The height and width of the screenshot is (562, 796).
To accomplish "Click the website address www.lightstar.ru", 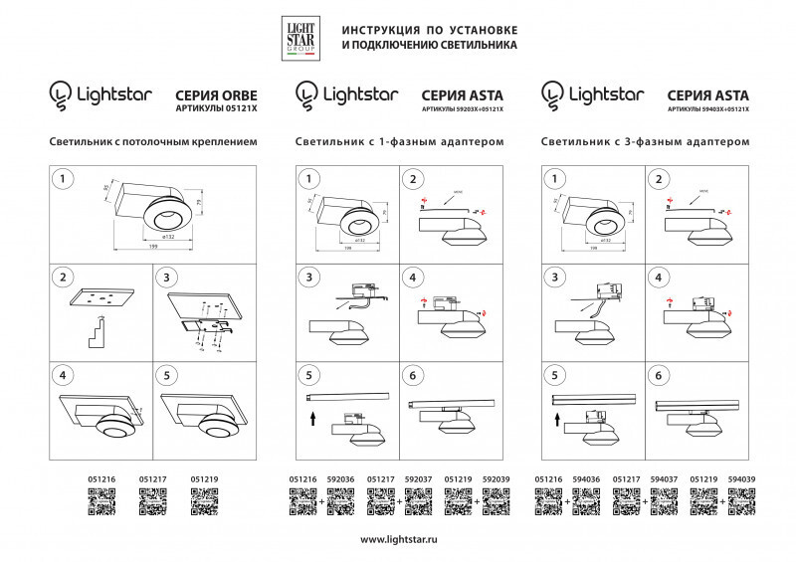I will pos(397,539).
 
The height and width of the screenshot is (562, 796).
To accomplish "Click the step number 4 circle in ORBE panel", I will pos(65,376).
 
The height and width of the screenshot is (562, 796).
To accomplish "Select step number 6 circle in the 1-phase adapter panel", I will pos(411,376).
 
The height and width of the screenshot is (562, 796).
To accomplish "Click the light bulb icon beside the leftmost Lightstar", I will pos(61,94).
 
